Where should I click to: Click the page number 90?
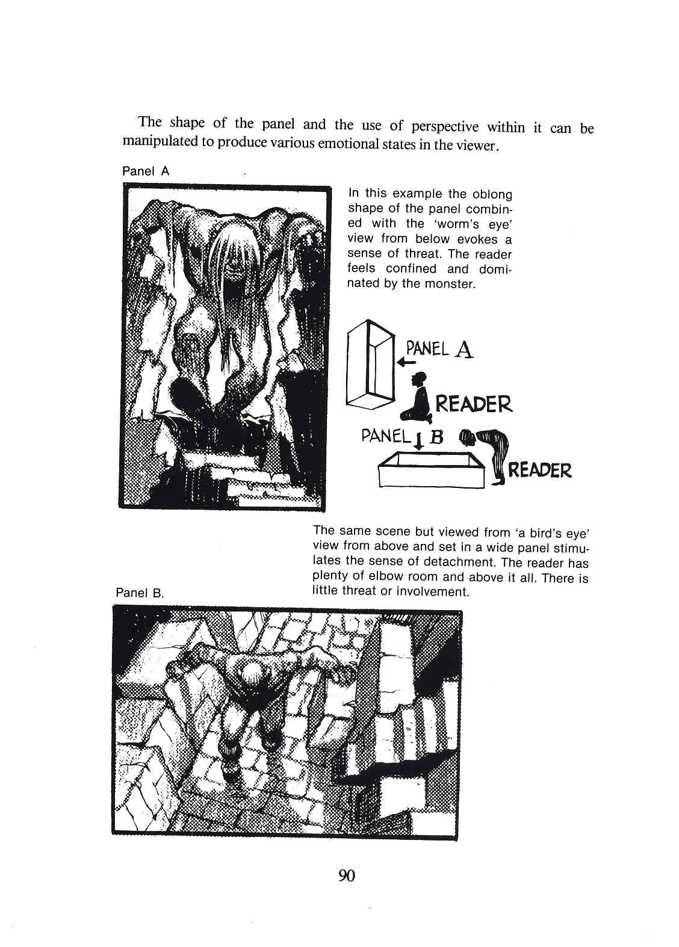click(347, 875)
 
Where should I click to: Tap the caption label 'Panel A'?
click(146, 171)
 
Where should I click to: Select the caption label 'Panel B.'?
click(140, 593)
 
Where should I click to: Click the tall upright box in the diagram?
click(370, 364)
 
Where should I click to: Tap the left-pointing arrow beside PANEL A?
click(406, 363)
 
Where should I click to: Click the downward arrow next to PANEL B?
click(417, 441)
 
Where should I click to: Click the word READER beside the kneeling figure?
click(473, 404)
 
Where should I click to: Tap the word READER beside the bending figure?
click(540, 470)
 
